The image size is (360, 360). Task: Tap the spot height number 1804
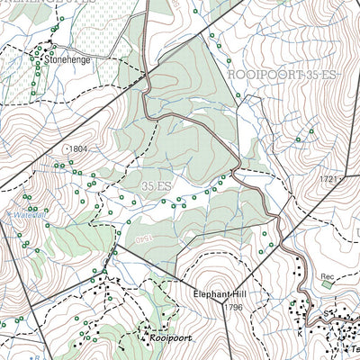[79, 148]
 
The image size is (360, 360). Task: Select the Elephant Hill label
[221, 294]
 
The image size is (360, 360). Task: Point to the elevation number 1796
[234, 308]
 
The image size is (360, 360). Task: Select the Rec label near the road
[328, 277]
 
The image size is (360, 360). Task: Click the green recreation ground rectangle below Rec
[326, 286]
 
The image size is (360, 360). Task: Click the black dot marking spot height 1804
[66, 148]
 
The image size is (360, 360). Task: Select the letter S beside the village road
[327, 314]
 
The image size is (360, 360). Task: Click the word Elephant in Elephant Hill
[211, 294]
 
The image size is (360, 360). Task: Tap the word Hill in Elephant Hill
[238, 294]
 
